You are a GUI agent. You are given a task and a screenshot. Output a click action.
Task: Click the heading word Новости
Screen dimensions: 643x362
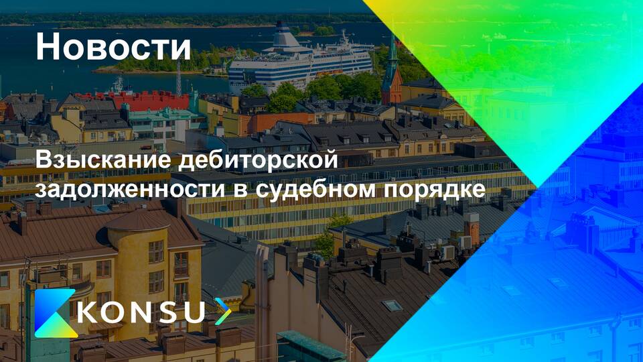pyautogui.click(x=113, y=46)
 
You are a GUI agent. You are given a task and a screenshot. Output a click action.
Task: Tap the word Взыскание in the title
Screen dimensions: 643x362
pyautogui.click(x=103, y=160)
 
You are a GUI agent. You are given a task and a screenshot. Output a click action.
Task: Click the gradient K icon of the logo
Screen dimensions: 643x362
pyautogui.click(x=56, y=313)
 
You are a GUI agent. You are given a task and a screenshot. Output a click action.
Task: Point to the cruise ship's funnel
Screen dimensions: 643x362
pyautogui.click(x=286, y=36)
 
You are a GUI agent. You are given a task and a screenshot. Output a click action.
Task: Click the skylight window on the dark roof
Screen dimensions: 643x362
pyautogui.click(x=392, y=305)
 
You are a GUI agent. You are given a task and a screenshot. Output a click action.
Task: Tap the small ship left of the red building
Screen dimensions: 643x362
pyautogui.click(x=117, y=86)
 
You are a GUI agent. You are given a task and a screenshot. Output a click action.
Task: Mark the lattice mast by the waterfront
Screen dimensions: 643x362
pyautogui.click(x=179, y=78)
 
